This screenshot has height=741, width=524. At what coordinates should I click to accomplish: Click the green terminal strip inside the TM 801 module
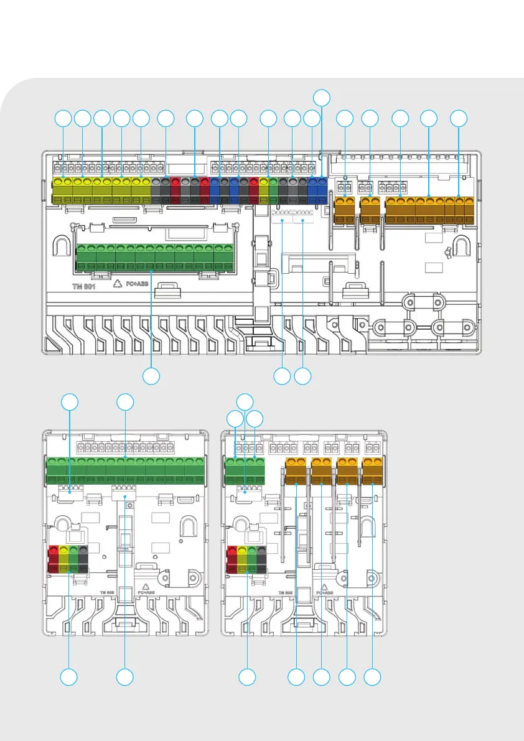tap(152, 258)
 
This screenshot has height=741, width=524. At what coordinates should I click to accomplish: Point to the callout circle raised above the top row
tap(321, 98)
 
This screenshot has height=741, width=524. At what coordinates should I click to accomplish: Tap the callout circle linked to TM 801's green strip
tap(152, 376)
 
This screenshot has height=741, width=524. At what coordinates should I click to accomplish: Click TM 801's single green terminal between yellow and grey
tap(273, 190)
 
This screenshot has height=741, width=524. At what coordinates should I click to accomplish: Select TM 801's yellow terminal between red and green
tap(264, 190)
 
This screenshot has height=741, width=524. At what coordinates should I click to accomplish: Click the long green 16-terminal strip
tap(126, 469)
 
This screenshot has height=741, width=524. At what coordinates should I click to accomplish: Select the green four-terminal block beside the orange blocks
tap(245, 469)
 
